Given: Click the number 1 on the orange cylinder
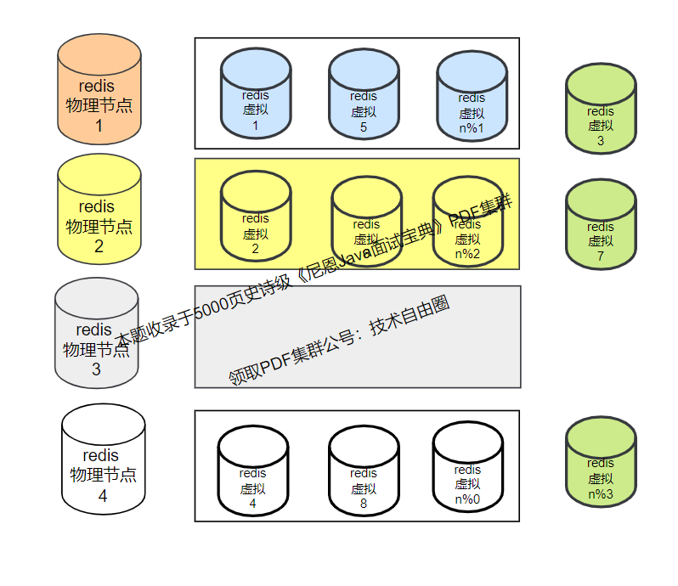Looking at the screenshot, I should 99,126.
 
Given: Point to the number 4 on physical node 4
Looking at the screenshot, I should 103,496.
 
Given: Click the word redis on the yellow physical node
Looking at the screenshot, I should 96,206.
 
